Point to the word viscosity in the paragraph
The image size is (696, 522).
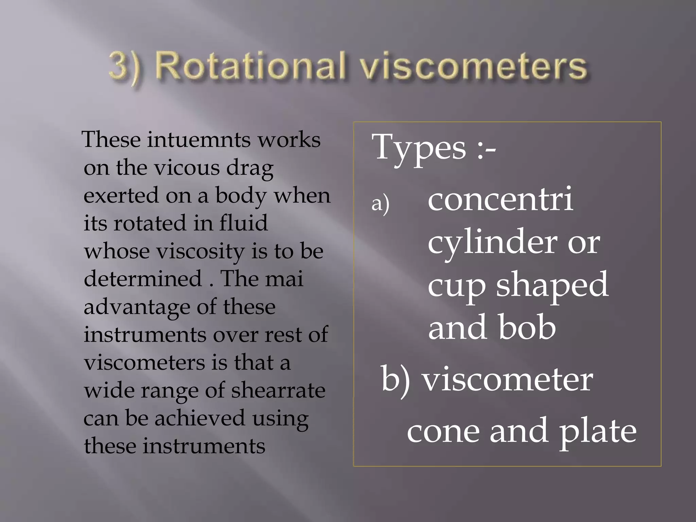coord(200,251)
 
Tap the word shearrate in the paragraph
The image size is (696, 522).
coord(278,390)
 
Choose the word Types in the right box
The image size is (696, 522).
coord(419,148)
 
